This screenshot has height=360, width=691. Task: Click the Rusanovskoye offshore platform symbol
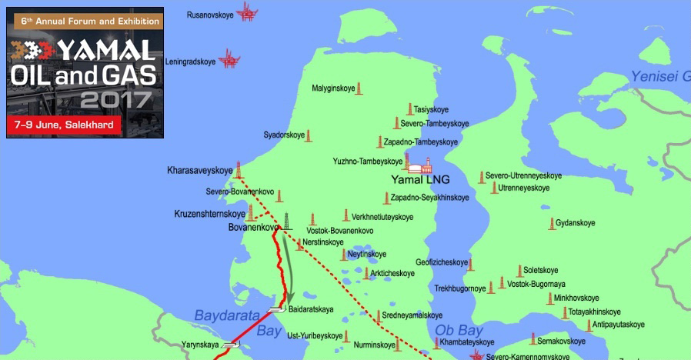click(247, 11)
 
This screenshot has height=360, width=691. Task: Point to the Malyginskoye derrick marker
click(360, 88)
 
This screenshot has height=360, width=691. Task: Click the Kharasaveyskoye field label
click(199, 170)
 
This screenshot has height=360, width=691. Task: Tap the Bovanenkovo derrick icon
click(287, 222)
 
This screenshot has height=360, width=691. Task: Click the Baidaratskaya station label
click(311, 309)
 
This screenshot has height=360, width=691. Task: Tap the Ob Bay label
click(459, 329)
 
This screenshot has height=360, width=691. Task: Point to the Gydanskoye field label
click(576, 223)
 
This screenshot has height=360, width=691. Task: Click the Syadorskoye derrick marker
click(309, 135)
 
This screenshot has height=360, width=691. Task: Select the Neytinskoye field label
click(367, 254)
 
